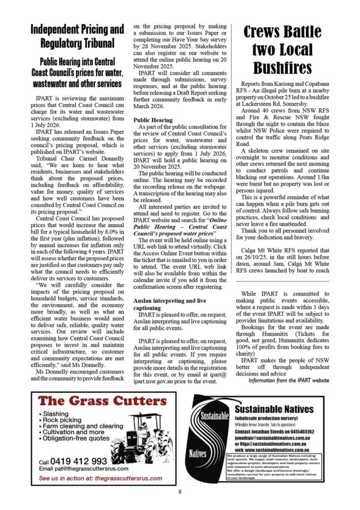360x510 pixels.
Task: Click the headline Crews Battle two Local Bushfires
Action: (283, 50)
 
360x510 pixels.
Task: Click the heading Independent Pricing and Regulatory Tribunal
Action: (77, 36)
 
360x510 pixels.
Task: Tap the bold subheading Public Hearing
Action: (153, 120)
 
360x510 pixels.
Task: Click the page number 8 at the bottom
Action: (180, 492)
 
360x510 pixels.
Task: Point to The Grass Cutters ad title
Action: (102, 401)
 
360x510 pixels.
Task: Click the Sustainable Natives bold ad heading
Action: (274, 409)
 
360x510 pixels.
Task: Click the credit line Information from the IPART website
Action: (289, 381)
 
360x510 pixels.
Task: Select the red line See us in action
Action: (100, 478)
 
